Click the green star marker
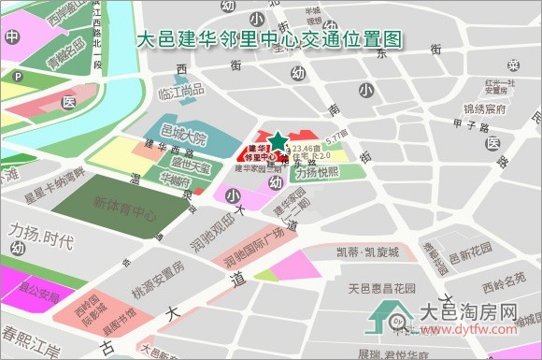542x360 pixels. coord(278,141)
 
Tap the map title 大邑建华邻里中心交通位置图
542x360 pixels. coord(270,40)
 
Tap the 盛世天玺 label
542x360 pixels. coord(184,167)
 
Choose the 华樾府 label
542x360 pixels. coord(175,180)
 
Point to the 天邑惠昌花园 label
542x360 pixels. coord(381,288)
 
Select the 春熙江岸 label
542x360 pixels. coord(30,334)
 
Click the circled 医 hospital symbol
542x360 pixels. coord(69,101)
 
